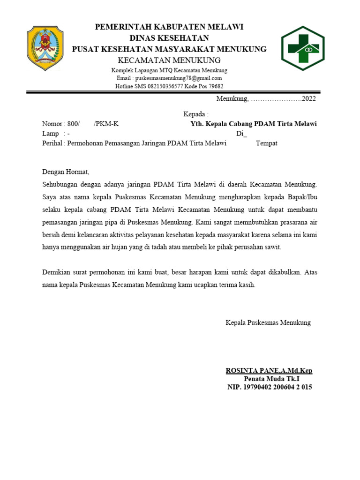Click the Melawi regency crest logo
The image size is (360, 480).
point(45,49)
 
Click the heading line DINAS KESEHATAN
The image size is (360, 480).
point(169,38)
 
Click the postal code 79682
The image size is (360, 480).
point(214,86)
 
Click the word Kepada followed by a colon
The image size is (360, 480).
point(195,114)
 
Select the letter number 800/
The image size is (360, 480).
point(72,124)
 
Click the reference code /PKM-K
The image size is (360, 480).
point(106,124)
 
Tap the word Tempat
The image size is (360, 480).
point(267,143)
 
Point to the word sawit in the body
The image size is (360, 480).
point(273,247)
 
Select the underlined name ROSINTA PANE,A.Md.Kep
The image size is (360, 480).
point(269,371)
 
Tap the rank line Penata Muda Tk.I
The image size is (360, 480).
point(271,379)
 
